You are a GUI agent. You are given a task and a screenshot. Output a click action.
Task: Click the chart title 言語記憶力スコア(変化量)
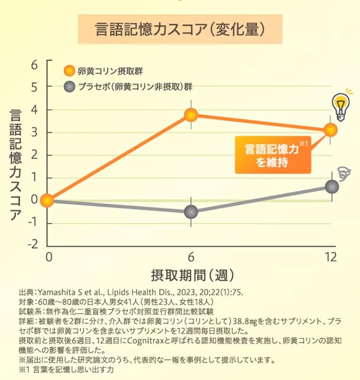180,29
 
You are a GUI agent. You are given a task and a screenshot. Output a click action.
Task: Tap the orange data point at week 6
191,115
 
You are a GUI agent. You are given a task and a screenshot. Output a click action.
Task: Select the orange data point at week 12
330,129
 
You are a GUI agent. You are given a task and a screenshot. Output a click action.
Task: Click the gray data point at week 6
191,212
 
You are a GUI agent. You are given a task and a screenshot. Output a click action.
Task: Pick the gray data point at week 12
332,187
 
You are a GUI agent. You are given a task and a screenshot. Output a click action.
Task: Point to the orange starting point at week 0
47,201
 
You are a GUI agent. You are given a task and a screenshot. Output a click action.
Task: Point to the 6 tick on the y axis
35,64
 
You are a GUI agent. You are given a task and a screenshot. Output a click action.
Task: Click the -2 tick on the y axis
33,245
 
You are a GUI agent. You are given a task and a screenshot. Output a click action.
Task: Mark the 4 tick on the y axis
35,109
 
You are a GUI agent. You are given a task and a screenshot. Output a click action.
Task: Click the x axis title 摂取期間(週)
189,276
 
